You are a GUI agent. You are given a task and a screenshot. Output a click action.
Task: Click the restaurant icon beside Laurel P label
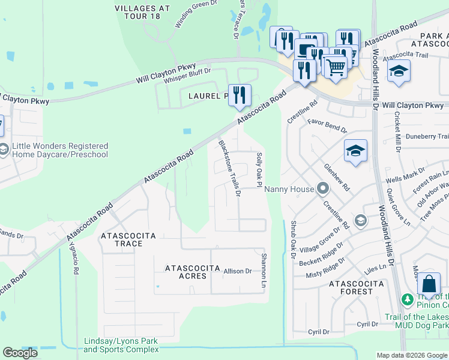tap(240, 95)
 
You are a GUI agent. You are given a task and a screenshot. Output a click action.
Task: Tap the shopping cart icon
tap(335, 65)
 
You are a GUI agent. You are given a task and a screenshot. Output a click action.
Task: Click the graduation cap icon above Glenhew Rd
tap(355, 151)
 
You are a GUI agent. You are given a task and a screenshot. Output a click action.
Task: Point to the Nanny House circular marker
tap(322, 189)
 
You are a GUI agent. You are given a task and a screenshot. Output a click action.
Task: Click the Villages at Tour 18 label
tap(142, 12)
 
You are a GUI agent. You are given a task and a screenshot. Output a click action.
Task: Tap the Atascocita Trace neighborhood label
tap(129, 239)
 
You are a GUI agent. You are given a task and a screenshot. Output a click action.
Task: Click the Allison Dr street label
tap(238, 272)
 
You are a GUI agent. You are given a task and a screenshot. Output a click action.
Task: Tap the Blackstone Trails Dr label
tap(229, 167)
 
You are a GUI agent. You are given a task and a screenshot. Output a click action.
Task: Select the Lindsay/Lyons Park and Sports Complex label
tap(121, 345)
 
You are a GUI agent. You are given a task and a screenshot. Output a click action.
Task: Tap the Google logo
tap(20, 353)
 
